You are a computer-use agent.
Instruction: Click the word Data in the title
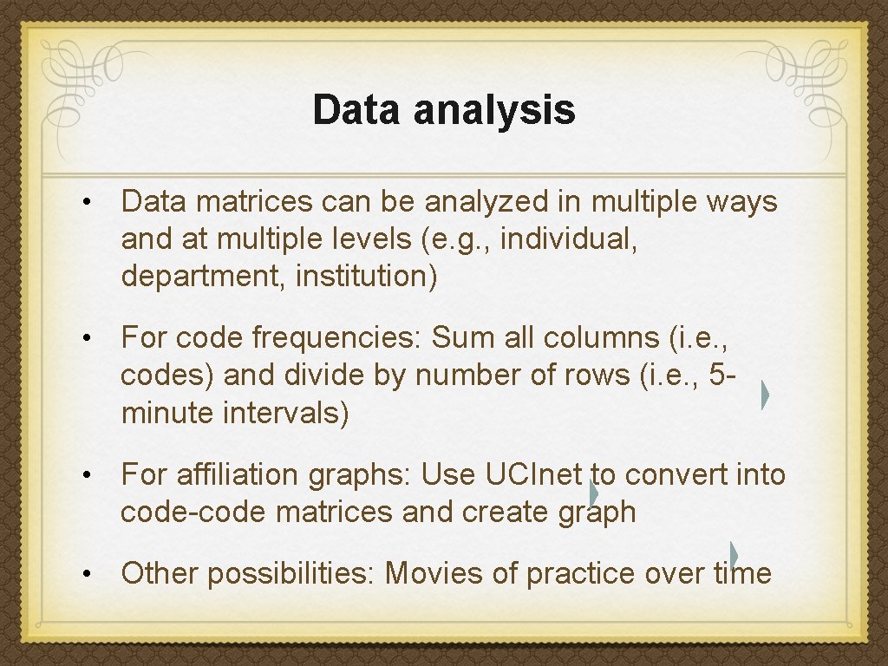357,110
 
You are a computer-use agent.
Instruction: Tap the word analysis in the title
494,110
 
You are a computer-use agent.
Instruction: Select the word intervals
286,414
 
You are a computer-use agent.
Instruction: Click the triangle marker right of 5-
765,395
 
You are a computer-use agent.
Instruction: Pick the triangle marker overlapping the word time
734,556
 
